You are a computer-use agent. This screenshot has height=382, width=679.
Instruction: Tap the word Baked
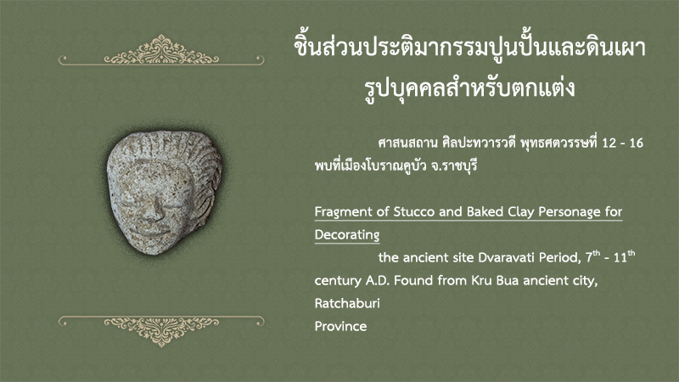coord(485,211)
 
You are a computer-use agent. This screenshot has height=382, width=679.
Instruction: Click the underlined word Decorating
coord(347,235)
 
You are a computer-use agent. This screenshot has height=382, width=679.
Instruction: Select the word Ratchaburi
coord(347,303)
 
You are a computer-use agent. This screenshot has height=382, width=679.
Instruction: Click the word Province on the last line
coord(340,326)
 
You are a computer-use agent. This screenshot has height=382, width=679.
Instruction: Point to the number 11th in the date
coord(624,256)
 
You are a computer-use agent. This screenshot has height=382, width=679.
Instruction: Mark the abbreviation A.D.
coord(378,281)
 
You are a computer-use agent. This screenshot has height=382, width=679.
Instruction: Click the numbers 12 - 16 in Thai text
coord(623,143)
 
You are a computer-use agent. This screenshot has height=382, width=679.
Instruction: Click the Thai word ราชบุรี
coord(459,166)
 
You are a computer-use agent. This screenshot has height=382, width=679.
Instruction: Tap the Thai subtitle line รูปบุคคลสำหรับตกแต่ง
coord(469,87)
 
